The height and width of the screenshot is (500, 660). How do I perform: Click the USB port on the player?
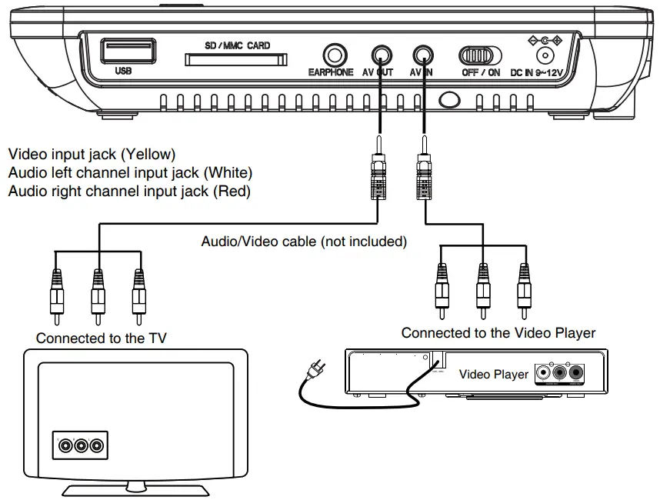(128, 52)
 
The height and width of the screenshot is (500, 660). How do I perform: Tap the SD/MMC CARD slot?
(237, 60)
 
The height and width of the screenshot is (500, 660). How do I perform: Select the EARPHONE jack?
(335, 55)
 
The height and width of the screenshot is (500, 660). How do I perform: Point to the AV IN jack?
(422, 55)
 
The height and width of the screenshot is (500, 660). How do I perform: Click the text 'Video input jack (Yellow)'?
(92, 153)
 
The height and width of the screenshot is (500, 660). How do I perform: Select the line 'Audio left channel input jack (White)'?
(129, 172)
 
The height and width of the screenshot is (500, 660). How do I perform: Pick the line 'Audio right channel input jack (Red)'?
(128, 190)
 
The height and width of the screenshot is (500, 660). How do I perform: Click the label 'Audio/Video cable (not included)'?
(304, 242)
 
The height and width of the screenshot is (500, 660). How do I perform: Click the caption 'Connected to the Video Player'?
(498, 333)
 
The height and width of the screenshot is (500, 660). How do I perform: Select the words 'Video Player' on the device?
(493, 374)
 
